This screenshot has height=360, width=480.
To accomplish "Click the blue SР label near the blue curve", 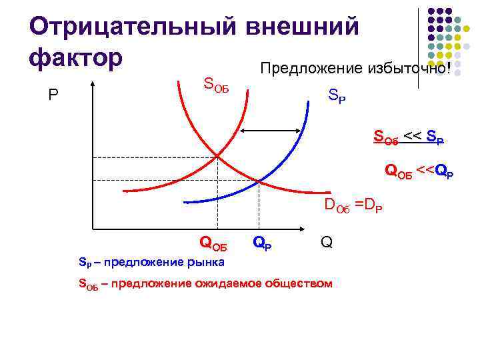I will [337, 97].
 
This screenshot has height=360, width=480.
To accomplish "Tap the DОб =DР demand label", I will [353, 206].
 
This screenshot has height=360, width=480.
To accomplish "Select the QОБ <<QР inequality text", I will [419, 171].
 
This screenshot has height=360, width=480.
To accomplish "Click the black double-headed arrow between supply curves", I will [273, 133].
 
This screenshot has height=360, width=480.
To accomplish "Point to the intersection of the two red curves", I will [218, 157].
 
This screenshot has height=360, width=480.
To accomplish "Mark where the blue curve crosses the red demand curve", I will [259, 181].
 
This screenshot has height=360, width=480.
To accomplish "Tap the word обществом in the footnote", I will [297, 284].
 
